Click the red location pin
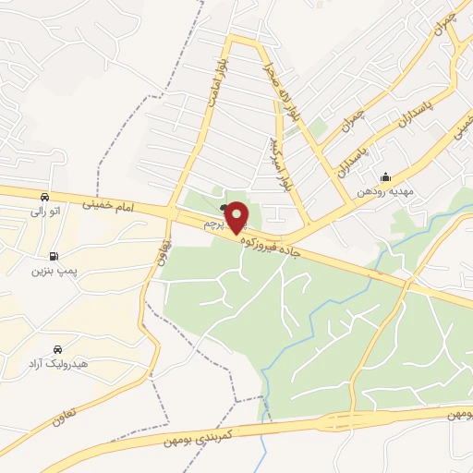236,217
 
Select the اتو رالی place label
44,212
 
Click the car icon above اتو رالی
44,197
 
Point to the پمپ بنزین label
52,271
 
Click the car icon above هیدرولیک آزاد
58,349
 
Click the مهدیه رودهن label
384,193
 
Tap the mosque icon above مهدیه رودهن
385,178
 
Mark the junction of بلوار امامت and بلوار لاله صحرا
234,39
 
